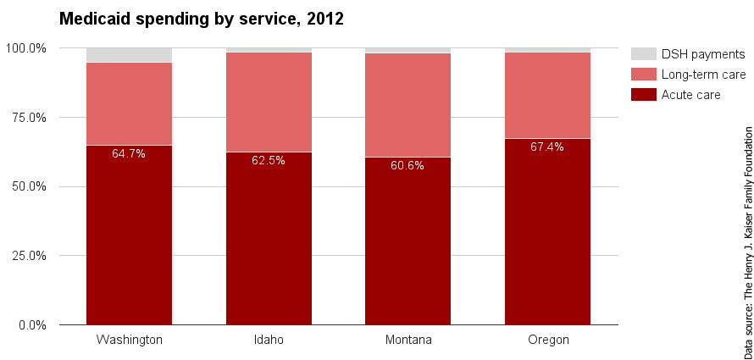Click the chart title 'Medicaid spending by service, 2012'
click(201, 19)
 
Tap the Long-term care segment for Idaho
click(269, 102)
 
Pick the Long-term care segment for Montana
click(407, 105)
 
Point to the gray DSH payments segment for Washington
click(129, 55)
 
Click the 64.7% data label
click(129, 154)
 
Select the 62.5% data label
click(269, 160)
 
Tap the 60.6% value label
click(407, 165)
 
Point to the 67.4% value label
click(547, 147)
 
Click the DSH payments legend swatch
click(644, 53)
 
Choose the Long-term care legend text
click(703, 75)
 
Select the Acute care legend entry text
click(690, 95)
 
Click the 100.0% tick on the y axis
click(26, 48)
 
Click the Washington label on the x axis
click(129, 340)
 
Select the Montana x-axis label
click(407, 340)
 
